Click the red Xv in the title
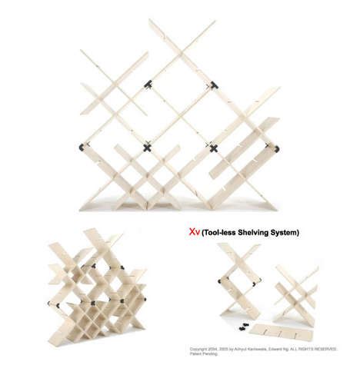click(195, 231)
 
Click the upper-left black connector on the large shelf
click(148, 85)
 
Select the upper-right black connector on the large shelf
click(214, 85)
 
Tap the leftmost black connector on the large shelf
click(82, 145)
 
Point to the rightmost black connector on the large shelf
click(277, 148)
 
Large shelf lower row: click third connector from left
click(213, 147)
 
